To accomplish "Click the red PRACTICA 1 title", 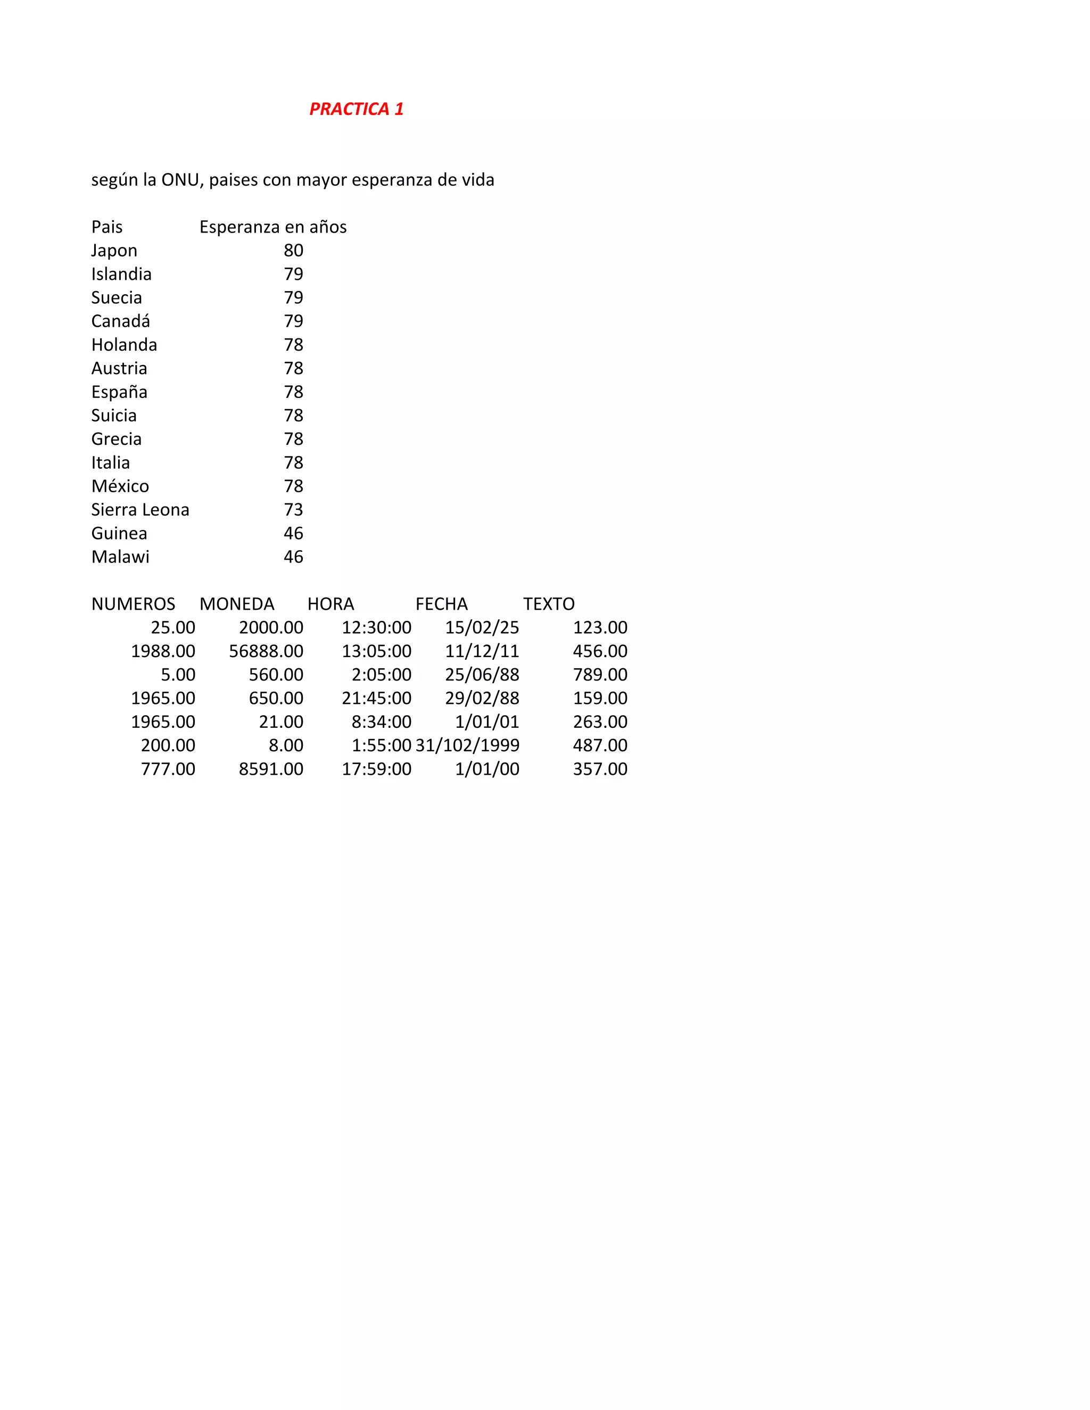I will [357, 109].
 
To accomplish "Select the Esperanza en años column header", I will [272, 227].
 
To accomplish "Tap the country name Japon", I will [114, 251].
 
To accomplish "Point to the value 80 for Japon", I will [293, 251].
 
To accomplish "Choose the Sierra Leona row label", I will [140, 510].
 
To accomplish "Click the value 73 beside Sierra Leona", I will [293, 510].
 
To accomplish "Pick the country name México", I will [120, 486].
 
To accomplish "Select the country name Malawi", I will [120, 557].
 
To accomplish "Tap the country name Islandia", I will [121, 275].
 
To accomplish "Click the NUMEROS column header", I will [133, 604].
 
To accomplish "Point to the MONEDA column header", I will [237, 604].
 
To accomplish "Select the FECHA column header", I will [442, 604].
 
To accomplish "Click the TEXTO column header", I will [549, 604].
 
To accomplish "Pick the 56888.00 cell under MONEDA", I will [266, 651].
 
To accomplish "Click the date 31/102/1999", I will [467, 745].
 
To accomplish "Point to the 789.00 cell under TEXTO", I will [600, 675].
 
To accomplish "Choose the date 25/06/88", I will [482, 675].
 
